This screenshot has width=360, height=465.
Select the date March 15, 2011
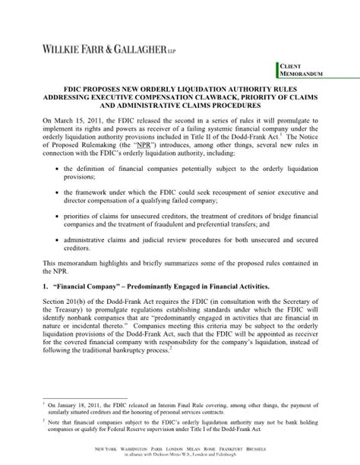tap(80, 120)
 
